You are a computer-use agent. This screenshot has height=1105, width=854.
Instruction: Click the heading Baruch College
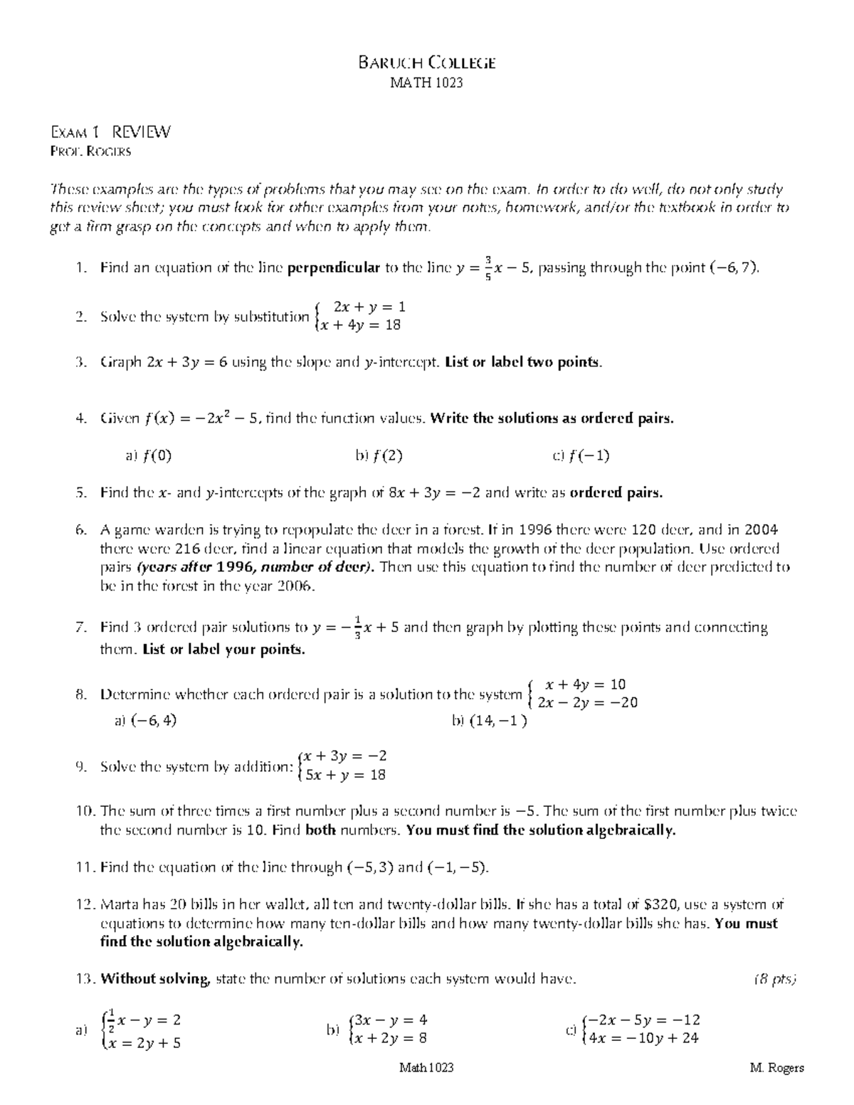click(426, 63)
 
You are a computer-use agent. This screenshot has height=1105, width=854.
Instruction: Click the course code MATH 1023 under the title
click(426, 83)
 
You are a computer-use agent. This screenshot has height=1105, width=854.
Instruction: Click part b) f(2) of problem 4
click(379, 456)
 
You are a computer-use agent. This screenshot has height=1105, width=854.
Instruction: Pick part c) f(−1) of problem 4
click(581, 456)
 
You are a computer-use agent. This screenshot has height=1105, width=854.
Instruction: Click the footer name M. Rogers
click(776, 1068)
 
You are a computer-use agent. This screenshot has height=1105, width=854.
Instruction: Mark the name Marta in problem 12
click(118, 905)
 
